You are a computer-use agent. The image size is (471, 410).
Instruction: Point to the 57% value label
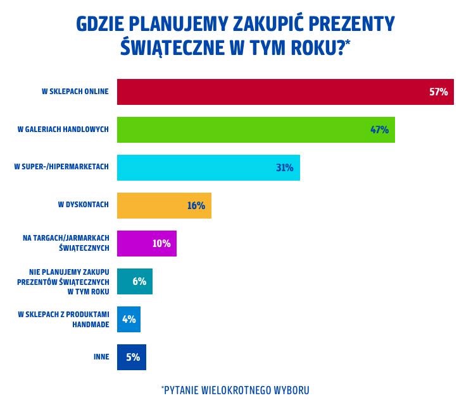point(438,92)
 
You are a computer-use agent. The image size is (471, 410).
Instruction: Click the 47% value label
point(379,130)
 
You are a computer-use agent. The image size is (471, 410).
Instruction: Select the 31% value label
point(284,167)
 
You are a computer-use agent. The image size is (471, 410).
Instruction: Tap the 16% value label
point(196,205)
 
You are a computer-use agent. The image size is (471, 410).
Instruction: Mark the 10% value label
point(161,243)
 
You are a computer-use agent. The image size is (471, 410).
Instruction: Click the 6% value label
point(139,281)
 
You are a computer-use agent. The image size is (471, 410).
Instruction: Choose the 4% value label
point(129,319)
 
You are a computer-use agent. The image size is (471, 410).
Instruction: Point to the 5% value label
point(132,357)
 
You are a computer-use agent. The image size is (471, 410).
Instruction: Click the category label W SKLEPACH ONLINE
point(75,92)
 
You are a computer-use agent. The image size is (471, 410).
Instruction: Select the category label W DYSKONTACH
point(83,205)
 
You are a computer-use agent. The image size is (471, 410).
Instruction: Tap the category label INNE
point(101,357)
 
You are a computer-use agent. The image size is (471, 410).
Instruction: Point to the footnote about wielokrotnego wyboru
point(235,390)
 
